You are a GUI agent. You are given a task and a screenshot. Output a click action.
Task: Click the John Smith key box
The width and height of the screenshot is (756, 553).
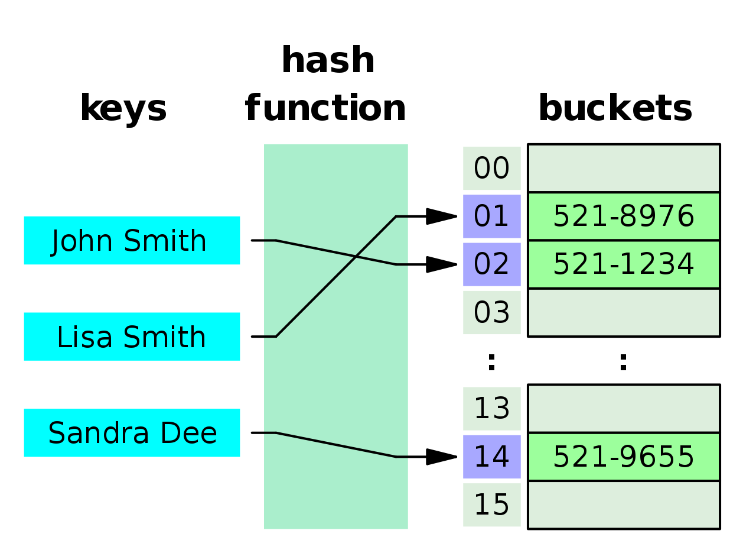click(132, 240)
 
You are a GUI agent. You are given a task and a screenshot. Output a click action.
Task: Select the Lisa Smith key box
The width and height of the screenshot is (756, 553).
click(132, 337)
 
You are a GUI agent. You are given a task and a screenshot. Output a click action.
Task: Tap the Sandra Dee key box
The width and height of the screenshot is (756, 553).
click(132, 433)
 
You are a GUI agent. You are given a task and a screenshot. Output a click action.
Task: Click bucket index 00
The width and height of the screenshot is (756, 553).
click(491, 169)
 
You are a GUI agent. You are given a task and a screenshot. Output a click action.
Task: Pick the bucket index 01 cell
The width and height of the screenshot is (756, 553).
click(491, 216)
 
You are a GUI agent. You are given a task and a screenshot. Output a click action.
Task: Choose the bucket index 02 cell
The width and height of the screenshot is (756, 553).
click(491, 264)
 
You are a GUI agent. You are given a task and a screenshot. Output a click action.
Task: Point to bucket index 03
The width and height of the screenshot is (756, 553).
click(491, 312)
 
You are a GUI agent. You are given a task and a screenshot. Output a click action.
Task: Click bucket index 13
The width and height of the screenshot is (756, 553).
click(491, 409)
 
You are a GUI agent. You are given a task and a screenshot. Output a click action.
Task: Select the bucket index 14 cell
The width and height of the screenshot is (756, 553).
click(491, 457)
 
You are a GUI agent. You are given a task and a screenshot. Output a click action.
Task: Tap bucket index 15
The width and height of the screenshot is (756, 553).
click(491, 505)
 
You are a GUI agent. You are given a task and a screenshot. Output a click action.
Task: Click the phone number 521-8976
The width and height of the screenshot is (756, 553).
click(624, 216)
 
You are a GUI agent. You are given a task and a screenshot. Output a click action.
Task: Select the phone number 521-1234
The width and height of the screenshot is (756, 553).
click(624, 264)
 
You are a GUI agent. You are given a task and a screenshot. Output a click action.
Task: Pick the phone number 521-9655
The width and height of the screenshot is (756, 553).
click(624, 457)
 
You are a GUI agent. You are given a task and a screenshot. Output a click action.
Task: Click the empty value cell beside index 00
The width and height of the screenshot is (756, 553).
click(624, 169)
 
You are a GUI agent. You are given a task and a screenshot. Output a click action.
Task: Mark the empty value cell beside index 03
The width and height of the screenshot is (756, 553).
click(624, 312)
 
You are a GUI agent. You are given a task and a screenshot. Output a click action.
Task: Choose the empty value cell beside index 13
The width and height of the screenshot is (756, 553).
click(624, 409)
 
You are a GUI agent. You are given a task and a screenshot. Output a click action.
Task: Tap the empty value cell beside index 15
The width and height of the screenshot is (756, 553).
click(624, 505)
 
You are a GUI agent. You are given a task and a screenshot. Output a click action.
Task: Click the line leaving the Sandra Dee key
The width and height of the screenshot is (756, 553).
click(335, 445)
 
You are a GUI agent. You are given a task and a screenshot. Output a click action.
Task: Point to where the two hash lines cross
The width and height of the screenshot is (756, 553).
click(356, 257)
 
